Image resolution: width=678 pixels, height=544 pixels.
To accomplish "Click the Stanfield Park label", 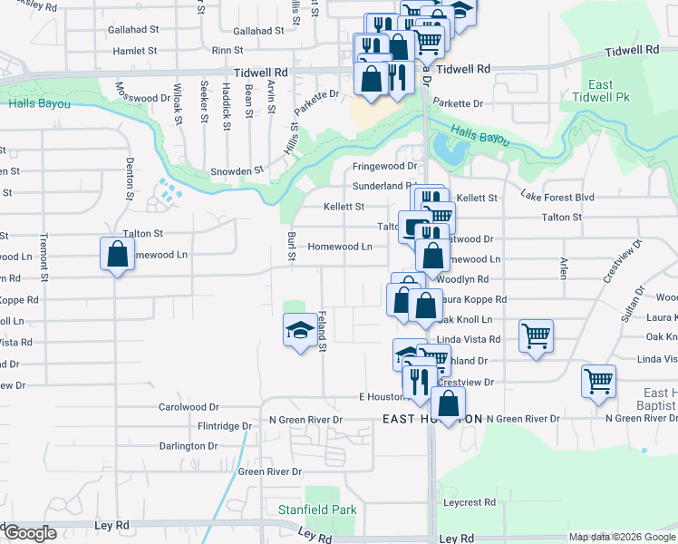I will (x=316, y=510).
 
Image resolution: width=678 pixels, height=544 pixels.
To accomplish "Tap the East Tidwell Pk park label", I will (x=601, y=91).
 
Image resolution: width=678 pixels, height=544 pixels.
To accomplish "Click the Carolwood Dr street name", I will (x=189, y=407).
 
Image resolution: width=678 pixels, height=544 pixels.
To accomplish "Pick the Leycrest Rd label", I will (x=470, y=502).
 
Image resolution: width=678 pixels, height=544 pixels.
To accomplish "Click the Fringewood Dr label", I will (x=384, y=166).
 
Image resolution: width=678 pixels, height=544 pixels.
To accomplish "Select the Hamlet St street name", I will (x=135, y=52).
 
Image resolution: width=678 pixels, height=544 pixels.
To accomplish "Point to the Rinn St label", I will (x=228, y=52).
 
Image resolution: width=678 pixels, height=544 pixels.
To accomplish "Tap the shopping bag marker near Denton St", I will (x=118, y=254).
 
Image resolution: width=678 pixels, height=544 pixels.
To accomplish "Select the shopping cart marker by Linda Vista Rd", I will (x=536, y=335).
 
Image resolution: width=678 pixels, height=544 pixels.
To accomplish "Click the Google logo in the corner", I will (x=31, y=534).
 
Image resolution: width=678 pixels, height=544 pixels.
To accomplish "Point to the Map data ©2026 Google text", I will (x=622, y=537).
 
